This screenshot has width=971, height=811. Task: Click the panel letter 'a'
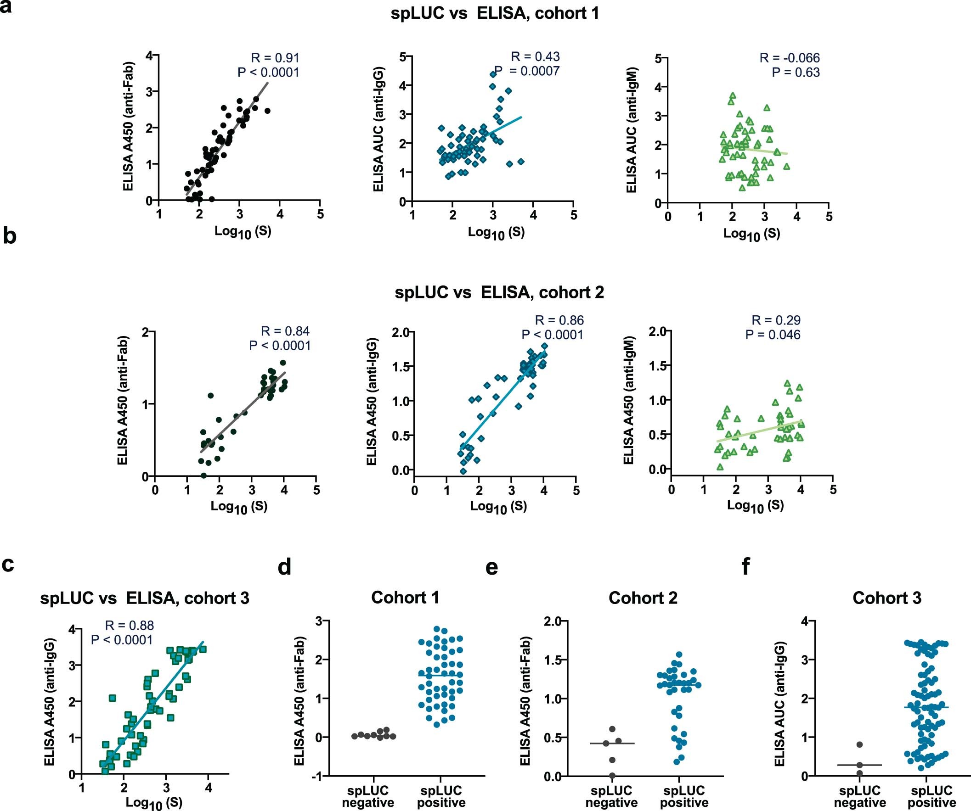[x=6, y=7]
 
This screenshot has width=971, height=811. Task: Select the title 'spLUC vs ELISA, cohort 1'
[x=495, y=13]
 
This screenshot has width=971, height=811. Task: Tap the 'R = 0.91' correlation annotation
[x=275, y=58]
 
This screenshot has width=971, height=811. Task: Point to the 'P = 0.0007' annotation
[x=527, y=71]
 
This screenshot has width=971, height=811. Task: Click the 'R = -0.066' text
[x=790, y=58]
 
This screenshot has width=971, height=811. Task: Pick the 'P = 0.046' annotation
[x=773, y=335]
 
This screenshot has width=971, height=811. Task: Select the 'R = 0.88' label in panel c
[x=130, y=625]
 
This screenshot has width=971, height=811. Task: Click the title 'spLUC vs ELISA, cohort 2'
[x=499, y=292]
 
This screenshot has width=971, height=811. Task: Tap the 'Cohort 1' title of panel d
[x=405, y=598]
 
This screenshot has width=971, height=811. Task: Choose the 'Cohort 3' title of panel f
[x=887, y=598]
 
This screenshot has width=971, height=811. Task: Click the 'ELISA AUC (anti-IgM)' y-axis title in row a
[x=632, y=130]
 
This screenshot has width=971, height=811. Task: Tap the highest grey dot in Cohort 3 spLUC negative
[x=859, y=744]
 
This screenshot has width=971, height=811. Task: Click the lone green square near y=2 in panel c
[x=113, y=698]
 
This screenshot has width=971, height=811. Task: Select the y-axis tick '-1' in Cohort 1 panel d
[x=318, y=776]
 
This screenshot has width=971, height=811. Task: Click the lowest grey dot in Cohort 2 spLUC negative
[x=612, y=775]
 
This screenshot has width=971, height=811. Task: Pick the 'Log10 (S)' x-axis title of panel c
[x=154, y=803]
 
